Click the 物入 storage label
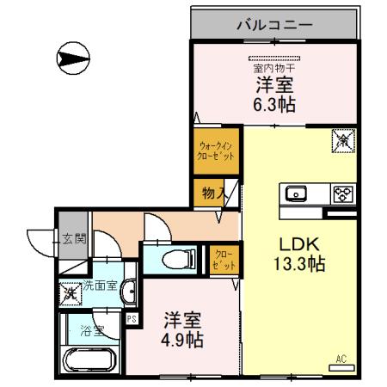[x=213, y=193]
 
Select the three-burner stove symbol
[x=343, y=193]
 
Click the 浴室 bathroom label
[x=92, y=328]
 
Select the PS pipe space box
[x=132, y=318]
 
